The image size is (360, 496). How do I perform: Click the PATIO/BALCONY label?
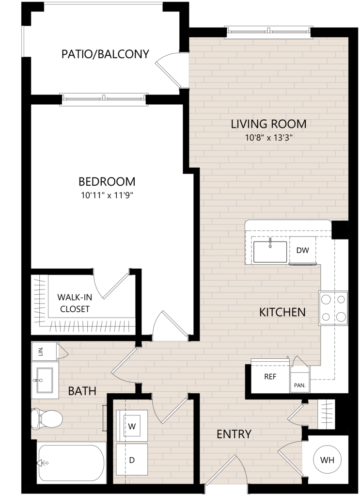point(105,54)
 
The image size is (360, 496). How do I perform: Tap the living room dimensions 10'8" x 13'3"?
point(268,138)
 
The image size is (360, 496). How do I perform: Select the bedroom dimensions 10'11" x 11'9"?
point(107,195)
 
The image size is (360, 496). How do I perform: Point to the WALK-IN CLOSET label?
point(75,303)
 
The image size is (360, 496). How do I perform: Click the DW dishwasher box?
point(302,250)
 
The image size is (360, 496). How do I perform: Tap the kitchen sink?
point(270,252)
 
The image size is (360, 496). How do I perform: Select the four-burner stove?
point(333,308)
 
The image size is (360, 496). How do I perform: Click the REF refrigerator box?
point(270,376)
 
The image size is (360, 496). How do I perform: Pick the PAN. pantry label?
point(299,385)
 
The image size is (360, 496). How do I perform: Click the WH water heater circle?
point(327,460)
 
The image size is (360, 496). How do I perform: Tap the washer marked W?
point(132,426)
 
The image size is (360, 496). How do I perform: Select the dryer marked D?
point(132,459)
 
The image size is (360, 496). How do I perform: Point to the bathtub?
point(71,463)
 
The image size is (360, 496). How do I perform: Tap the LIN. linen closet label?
point(40,351)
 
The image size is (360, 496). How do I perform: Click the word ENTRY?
point(234,434)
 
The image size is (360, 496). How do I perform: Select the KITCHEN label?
point(282,312)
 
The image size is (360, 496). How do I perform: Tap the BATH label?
point(82,391)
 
